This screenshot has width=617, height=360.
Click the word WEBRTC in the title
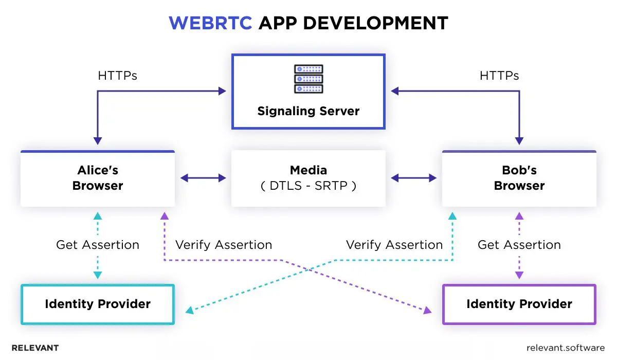210,23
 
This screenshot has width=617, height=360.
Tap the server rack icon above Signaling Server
308,79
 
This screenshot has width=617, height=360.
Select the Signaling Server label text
308,111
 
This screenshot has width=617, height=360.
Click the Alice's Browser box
98,178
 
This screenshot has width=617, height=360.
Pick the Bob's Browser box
519,178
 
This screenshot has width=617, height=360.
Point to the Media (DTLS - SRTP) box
308,178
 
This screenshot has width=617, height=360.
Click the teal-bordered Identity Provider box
98,304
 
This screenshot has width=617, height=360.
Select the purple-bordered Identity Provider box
519,304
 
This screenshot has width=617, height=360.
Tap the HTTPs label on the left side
117,76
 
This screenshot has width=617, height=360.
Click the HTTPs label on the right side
499,76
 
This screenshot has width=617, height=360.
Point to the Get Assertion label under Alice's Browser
98,245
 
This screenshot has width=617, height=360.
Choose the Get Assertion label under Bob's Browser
519,245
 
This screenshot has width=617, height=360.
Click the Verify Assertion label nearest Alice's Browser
224,245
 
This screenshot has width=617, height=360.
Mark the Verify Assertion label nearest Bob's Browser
394,245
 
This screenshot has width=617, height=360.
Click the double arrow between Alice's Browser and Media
203,178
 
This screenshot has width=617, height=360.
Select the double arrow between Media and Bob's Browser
413,178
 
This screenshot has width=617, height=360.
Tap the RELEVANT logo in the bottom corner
35,348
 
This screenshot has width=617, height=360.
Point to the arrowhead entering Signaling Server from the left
222,91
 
